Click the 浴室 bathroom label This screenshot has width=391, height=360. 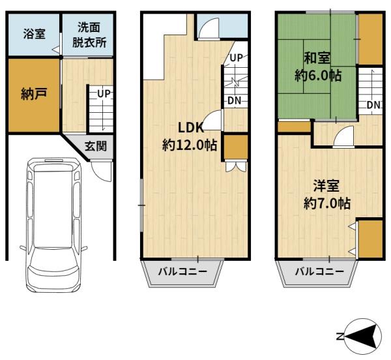pos(35,34)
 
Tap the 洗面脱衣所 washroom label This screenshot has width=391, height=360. pos(89,35)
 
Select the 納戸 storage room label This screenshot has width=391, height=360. pos(34,94)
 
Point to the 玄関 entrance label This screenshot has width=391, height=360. pos(96,146)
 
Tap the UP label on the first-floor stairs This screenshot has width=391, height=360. pos(104,94)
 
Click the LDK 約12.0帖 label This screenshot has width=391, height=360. pos(190,136)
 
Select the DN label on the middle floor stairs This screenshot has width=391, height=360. pos(235,101)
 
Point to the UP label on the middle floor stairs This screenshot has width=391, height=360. pos(236,58)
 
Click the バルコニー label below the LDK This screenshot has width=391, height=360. pos(182,271)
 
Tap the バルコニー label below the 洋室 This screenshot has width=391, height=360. pos(319,271)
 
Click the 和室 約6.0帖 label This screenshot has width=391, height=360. pos(318,67)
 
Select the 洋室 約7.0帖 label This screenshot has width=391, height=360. pos(327,194)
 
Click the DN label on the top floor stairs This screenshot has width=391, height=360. pos(373,105)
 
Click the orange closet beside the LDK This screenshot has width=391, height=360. pos(236,147)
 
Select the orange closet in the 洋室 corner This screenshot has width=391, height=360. pos(370,239)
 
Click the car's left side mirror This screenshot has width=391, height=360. pos(23,248)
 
